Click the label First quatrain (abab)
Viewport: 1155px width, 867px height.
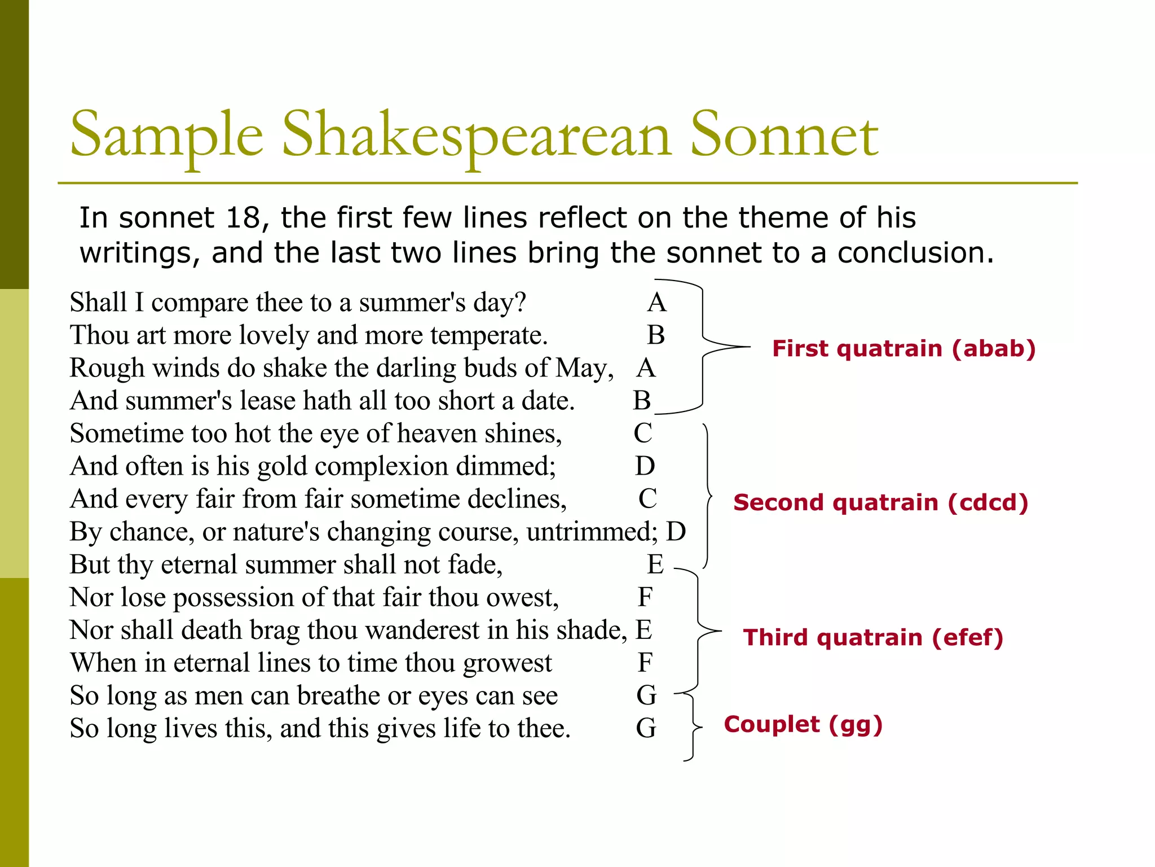point(903,348)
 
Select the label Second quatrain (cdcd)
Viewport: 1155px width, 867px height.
point(880,502)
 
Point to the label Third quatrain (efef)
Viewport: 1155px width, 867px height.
point(873,637)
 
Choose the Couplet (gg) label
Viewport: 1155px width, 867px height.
point(803,724)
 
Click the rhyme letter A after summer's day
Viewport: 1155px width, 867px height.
point(656,303)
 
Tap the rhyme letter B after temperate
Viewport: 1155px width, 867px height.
point(655,335)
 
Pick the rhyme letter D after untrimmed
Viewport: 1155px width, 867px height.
point(676,532)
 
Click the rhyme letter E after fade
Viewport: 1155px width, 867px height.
point(655,564)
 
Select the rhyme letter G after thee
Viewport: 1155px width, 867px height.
point(646,728)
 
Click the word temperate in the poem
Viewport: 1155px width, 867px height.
point(488,335)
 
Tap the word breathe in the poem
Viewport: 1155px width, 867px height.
point(338,695)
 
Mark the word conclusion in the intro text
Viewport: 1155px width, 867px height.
point(915,253)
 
